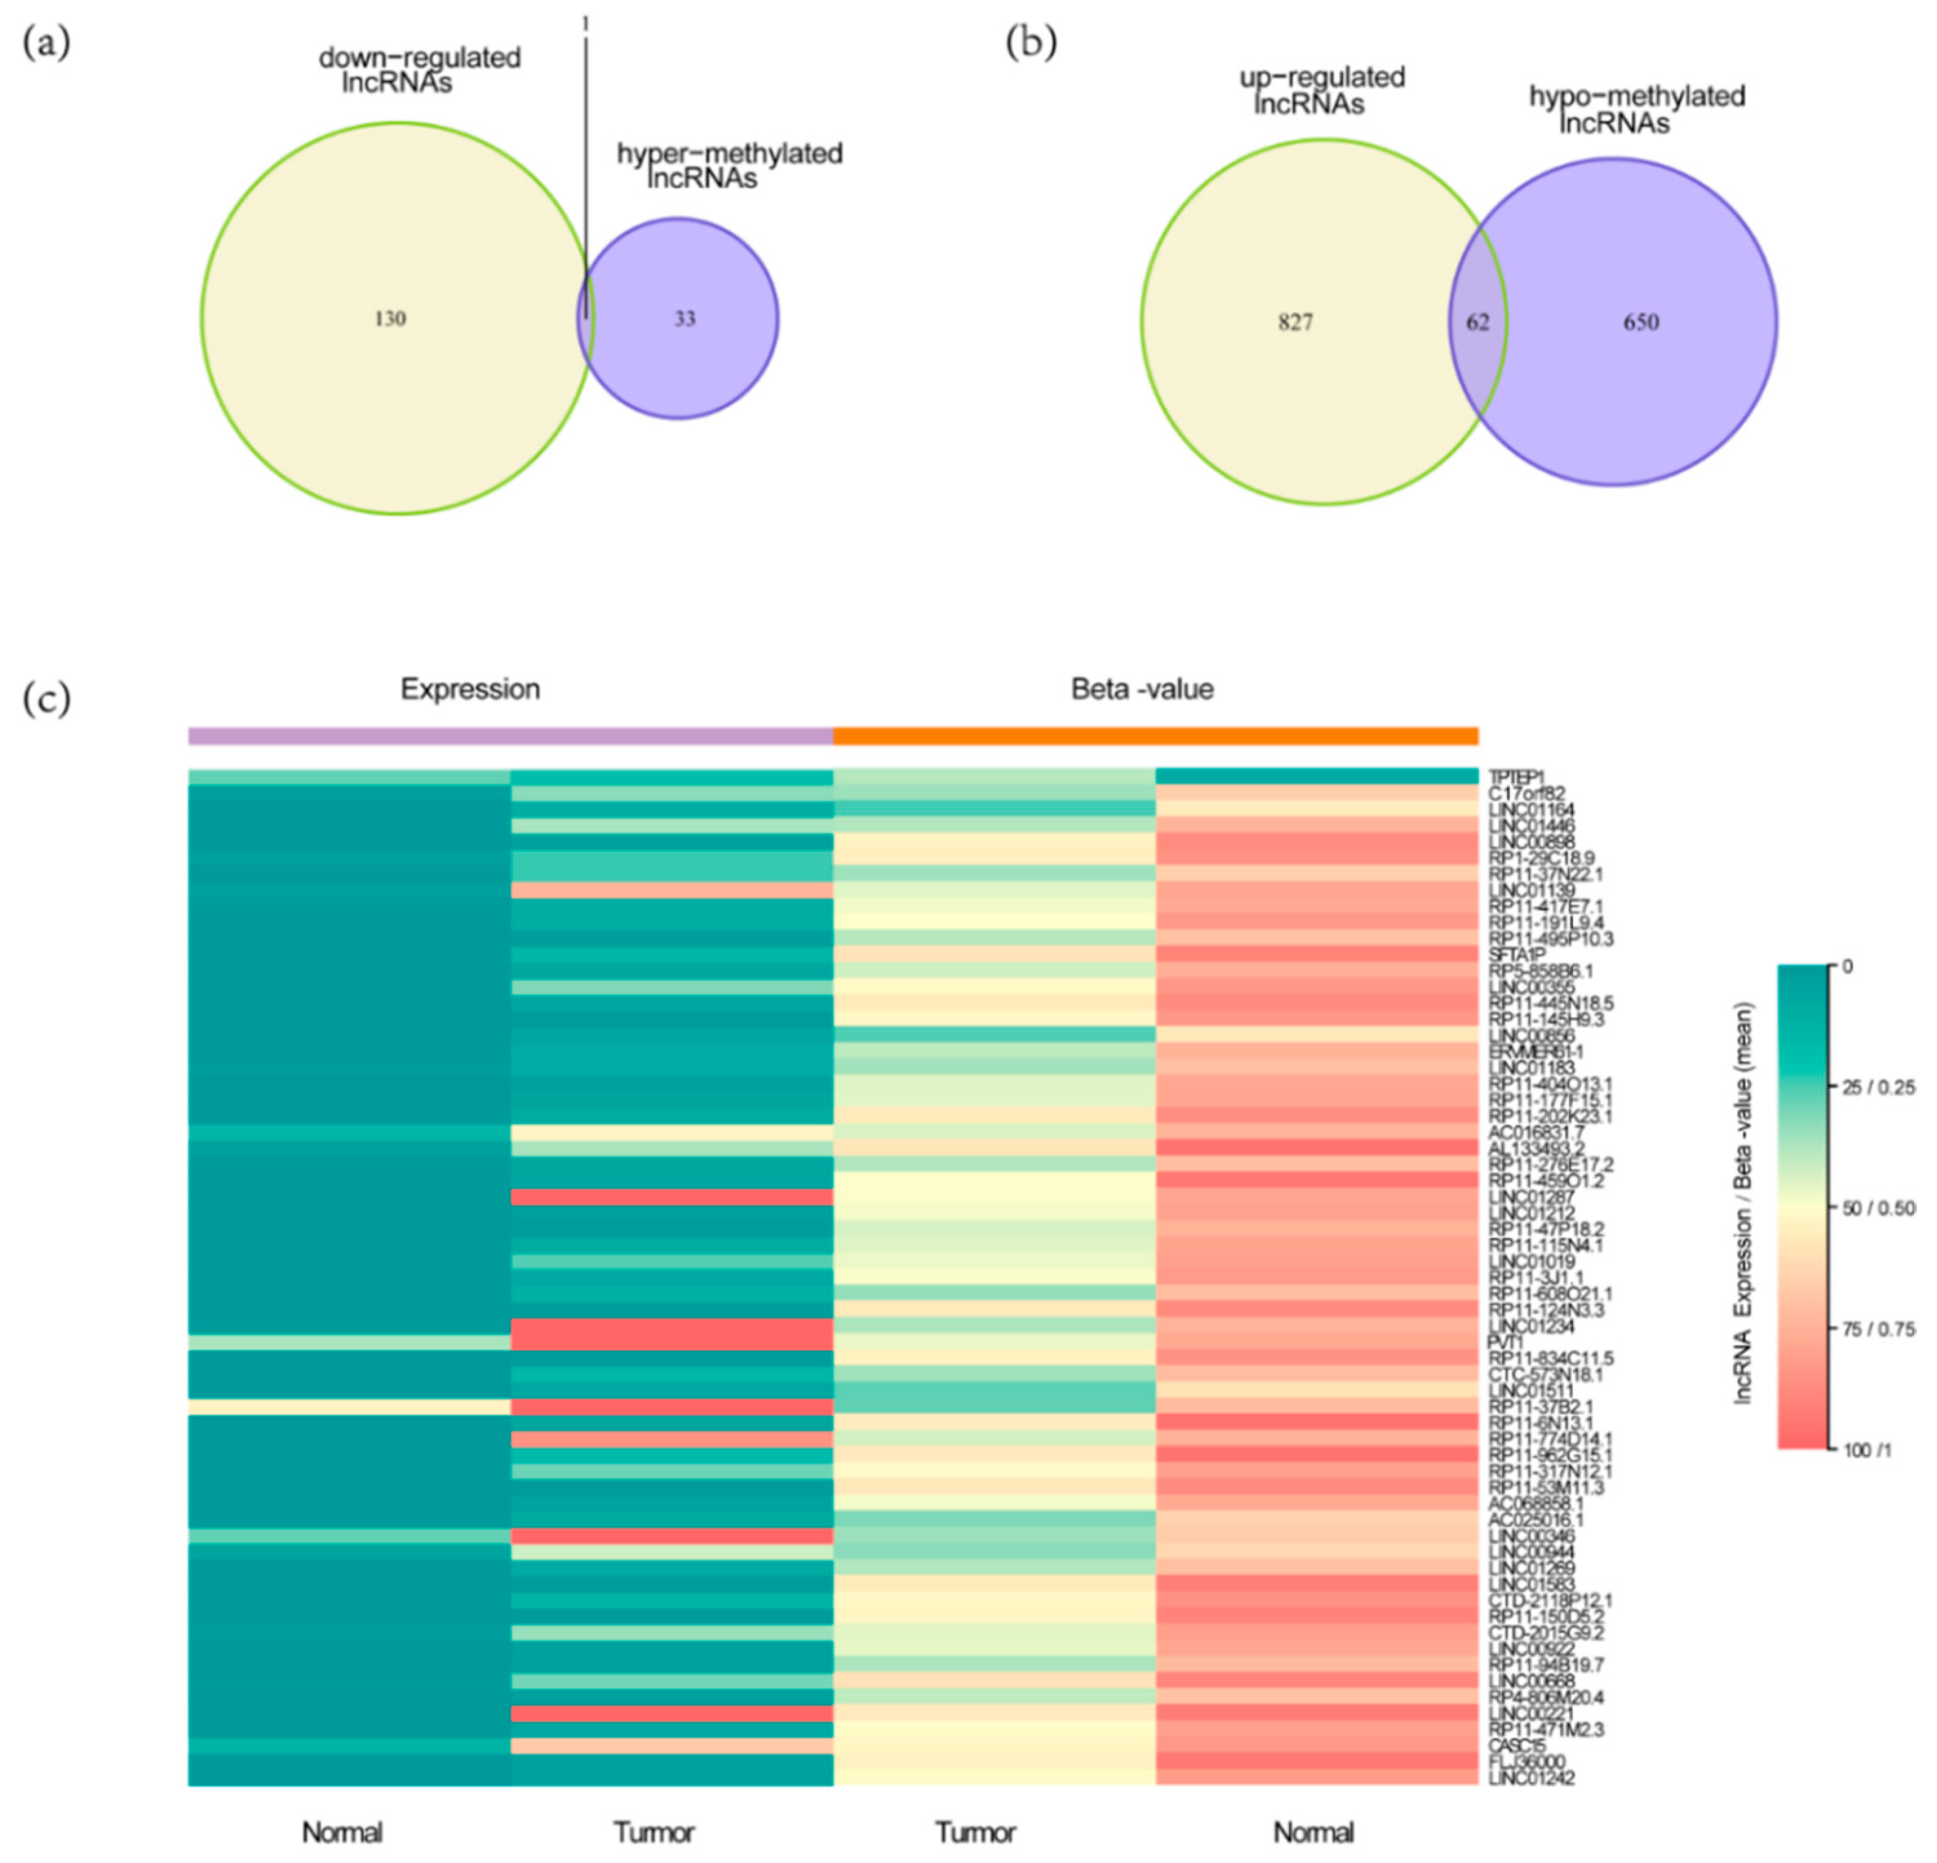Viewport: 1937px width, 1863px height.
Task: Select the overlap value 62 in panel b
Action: click(x=1477, y=322)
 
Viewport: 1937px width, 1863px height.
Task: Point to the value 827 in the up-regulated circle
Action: click(x=1295, y=322)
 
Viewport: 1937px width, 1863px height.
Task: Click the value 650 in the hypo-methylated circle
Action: click(x=1641, y=322)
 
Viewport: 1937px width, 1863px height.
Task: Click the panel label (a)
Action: click(x=46, y=45)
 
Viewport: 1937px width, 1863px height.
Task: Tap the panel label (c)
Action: click(x=46, y=698)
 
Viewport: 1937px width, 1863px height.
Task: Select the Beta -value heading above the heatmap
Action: click(x=1142, y=689)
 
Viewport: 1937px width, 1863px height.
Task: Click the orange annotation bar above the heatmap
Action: click(x=1155, y=735)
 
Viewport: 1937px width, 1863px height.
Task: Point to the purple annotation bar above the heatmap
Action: click(x=510, y=735)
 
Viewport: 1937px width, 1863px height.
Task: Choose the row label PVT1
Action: click(x=1506, y=1342)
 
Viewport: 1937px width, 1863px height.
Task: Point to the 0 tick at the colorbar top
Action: click(x=1847, y=966)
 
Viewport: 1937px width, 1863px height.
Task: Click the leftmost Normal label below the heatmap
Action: click(x=342, y=1833)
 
